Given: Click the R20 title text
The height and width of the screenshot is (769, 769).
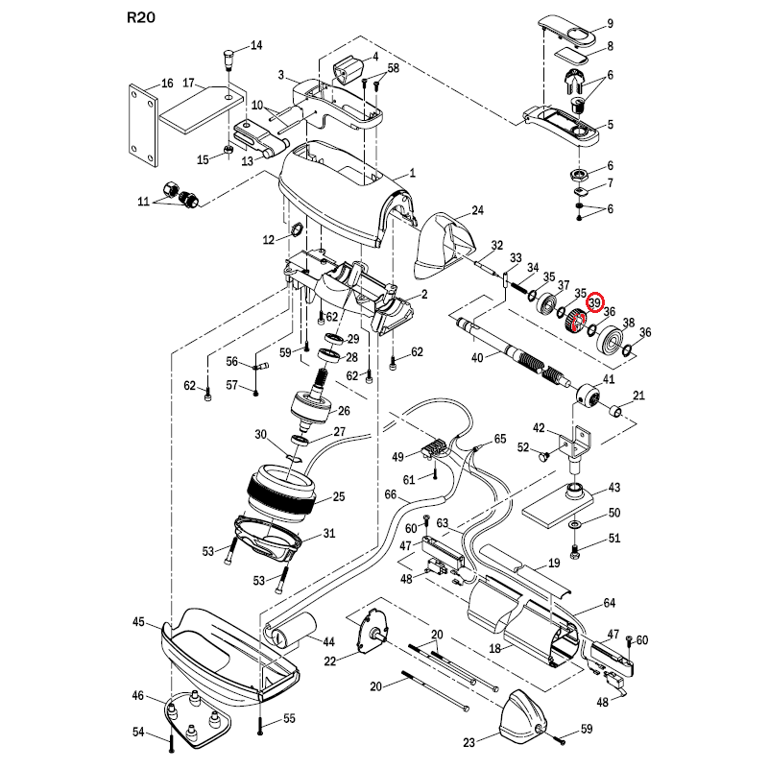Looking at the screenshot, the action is (141, 17).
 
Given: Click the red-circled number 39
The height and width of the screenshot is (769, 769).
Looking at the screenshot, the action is (595, 302).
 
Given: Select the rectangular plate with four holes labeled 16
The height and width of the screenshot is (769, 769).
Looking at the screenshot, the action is (144, 126).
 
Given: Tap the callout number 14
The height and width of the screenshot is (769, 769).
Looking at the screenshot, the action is (256, 46).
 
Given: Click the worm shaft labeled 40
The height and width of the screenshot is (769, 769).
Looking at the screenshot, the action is (514, 352).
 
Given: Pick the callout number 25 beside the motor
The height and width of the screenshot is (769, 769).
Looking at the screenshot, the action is (339, 496).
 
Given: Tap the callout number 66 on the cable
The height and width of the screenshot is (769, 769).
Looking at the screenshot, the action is (391, 494).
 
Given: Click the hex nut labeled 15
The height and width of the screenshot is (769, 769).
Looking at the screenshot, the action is (228, 149).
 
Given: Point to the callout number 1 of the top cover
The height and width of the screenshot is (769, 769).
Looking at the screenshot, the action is (413, 173).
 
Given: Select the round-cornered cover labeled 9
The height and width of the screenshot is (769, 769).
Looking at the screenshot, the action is (569, 31).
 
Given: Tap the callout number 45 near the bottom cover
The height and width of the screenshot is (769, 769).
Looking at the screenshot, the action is (139, 622).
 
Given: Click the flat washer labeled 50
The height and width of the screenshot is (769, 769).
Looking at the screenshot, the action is (574, 525).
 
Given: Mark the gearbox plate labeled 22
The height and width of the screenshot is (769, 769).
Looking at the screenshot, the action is (373, 632).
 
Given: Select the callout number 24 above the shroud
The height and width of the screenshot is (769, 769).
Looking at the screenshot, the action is (477, 210).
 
